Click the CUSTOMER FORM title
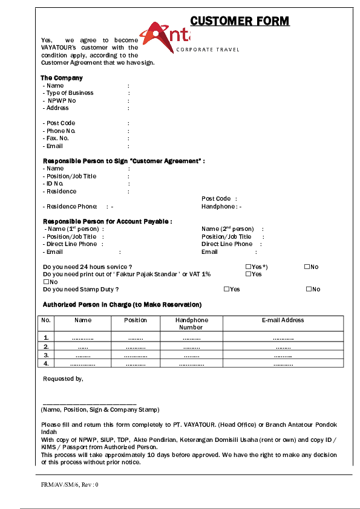[240, 22]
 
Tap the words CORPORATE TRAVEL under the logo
[208, 50]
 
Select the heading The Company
[62, 78]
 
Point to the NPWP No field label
[60, 100]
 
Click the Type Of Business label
[68, 93]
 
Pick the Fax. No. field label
[56, 138]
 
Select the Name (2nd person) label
[227, 229]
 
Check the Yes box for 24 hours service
[249, 267]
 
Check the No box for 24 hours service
[307, 267]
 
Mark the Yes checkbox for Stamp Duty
[226, 289]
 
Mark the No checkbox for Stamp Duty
[309, 289]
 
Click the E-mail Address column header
[283, 320]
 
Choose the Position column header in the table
[136, 320]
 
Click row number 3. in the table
[46, 355]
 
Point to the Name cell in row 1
[82, 338]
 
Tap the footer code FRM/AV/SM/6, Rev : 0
[70, 485]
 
